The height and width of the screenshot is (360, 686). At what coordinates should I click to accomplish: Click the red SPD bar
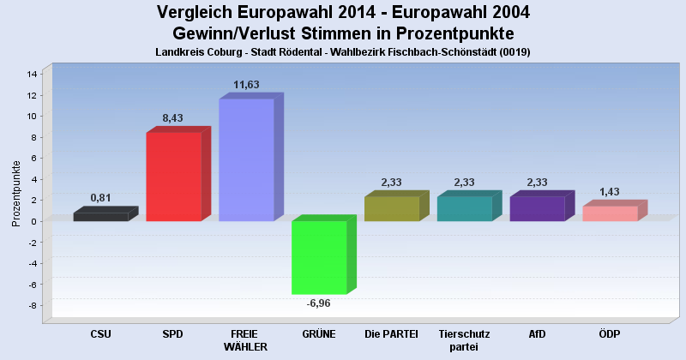pyautogui.click(x=173, y=177)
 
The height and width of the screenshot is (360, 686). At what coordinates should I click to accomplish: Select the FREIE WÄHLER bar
pyautogui.click(x=246, y=160)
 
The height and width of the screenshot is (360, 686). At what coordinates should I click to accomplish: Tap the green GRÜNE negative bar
pyautogui.click(x=319, y=257)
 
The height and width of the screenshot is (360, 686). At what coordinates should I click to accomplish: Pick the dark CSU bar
pyautogui.click(x=100, y=217)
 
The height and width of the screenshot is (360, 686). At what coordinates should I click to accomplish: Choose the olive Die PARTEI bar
pyautogui.click(x=391, y=209)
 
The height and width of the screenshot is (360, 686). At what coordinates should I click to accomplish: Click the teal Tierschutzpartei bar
pyautogui.click(x=464, y=209)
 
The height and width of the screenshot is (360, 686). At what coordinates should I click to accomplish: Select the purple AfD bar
pyautogui.click(x=537, y=209)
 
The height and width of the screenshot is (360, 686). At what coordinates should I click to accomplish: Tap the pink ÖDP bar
pyautogui.click(x=610, y=213)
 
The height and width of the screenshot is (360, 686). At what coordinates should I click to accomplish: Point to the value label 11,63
pyautogui.click(x=246, y=85)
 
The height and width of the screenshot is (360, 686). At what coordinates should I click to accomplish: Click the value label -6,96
pyautogui.click(x=319, y=303)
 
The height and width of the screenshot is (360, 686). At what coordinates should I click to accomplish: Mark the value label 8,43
pyautogui.click(x=173, y=118)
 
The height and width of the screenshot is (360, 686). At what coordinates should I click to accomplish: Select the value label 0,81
pyautogui.click(x=101, y=198)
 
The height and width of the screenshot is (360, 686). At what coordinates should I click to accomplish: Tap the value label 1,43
pyautogui.click(x=610, y=192)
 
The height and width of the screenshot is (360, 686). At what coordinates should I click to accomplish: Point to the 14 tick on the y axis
pyautogui.click(x=32, y=74)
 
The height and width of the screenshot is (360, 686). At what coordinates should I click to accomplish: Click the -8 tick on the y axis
pyautogui.click(x=32, y=306)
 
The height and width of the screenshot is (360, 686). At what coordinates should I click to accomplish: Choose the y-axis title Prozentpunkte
pyautogui.click(x=16, y=193)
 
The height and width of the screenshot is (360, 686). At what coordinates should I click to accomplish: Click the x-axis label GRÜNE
pyautogui.click(x=319, y=333)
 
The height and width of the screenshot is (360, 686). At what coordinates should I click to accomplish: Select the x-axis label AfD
pyautogui.click(x=537, y=333)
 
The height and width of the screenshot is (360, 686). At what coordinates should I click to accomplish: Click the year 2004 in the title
pyautogui.click(x=508, y=12)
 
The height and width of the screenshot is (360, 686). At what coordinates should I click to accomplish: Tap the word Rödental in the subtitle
pyautogui.click(x=316, y=52)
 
